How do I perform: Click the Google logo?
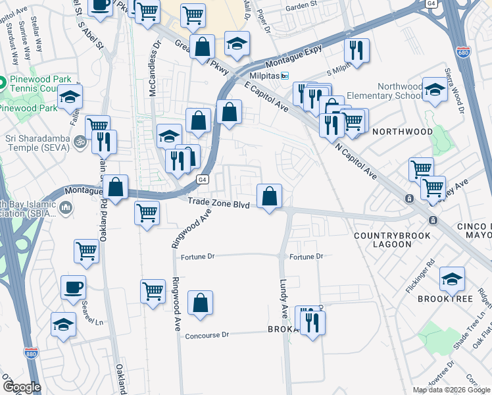tap(21, 387)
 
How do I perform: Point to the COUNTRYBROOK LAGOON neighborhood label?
tap(392, 241)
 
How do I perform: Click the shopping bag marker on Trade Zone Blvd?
tap(269, 196)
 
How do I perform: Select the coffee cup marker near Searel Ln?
tap(73, 286)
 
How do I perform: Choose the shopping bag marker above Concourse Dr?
tap(201, 303)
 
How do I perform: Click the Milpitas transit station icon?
tap(285, 76)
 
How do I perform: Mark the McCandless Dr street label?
tap(155, 69)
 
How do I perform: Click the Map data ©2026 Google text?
tap(451, 390)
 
